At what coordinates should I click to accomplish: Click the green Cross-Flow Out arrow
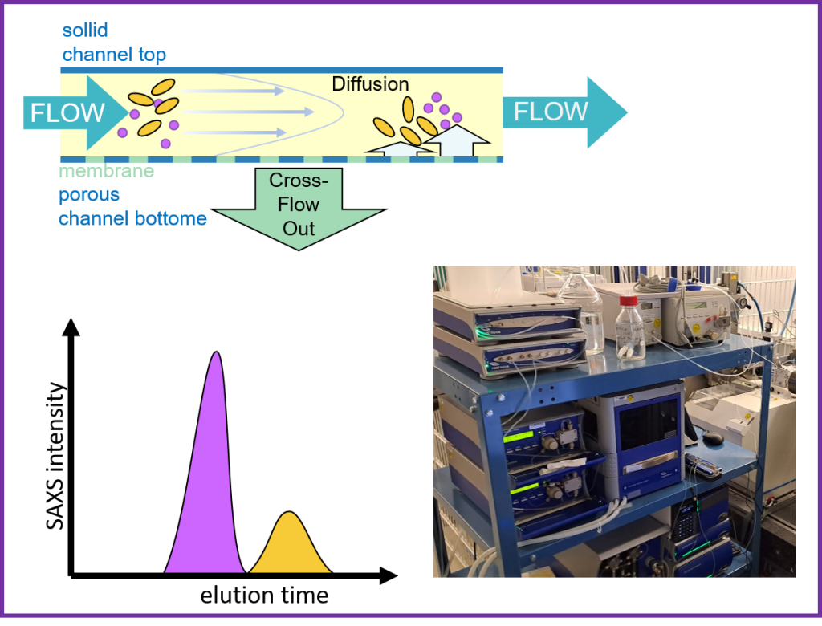point(299,209)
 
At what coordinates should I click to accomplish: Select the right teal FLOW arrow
point(564,112)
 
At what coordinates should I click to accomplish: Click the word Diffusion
point(370,84)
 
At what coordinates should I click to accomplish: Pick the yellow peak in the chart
point(290,545)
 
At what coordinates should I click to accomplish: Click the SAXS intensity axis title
point(55,456)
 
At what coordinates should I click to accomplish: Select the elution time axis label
point(264,596)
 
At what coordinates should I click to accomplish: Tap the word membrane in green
point(107,171)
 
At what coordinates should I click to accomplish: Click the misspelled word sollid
point(85,30)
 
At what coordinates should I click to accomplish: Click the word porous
point(89,195)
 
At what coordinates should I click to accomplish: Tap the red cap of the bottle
point(629,301)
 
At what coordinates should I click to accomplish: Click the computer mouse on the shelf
point(713,437)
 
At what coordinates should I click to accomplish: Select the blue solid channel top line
point(282,71)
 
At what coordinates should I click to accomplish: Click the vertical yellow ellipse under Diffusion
point(408,110)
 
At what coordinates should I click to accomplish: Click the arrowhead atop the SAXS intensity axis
point(71,327)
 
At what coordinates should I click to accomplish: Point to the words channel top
point(114,55)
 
